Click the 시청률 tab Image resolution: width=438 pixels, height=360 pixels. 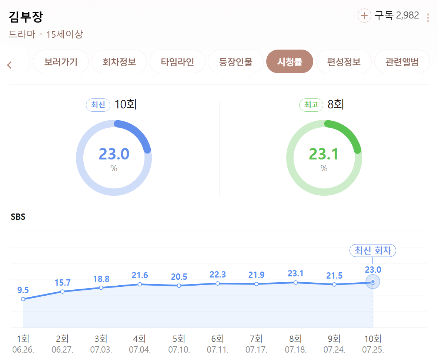click(290, 62)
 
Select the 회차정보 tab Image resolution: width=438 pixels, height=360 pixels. click(119, 62)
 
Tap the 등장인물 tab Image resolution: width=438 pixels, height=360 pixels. click(236, 62)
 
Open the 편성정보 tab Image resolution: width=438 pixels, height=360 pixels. click(344, 62)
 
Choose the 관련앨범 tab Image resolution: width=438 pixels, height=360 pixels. click(402, 62)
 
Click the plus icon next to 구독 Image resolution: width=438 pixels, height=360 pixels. click(364, 16)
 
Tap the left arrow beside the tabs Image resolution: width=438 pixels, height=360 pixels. click(10, 65)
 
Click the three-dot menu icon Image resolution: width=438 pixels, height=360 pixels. click(428, 18)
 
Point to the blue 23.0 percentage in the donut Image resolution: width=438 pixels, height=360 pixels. click(114, 154)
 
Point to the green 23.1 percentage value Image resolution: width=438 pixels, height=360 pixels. click(324, 154)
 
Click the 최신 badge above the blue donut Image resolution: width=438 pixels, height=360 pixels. click(98, 105)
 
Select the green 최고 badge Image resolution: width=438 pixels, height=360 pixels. click(311, 105)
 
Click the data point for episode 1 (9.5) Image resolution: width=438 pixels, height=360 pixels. click(23, 299)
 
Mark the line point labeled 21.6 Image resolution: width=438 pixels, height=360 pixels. click(140, 285)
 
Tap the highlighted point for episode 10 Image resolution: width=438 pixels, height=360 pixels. click(372, 282)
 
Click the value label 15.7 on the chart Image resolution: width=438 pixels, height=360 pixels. click(63, 283)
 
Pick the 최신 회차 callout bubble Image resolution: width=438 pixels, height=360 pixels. click(372, 250)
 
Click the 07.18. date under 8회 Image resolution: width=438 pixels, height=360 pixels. click(295, 349)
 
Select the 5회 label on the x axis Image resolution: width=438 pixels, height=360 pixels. click(179, 339)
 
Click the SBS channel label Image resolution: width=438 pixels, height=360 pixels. click(18, 217)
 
